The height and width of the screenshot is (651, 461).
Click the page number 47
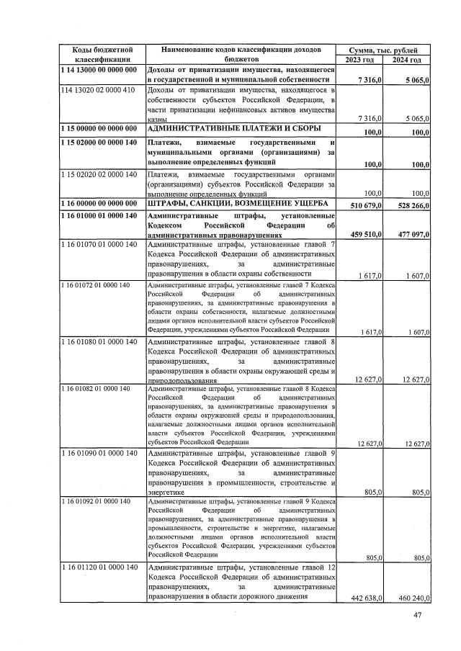coord(417,614)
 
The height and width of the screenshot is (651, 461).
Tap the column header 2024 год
coord(408,59)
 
